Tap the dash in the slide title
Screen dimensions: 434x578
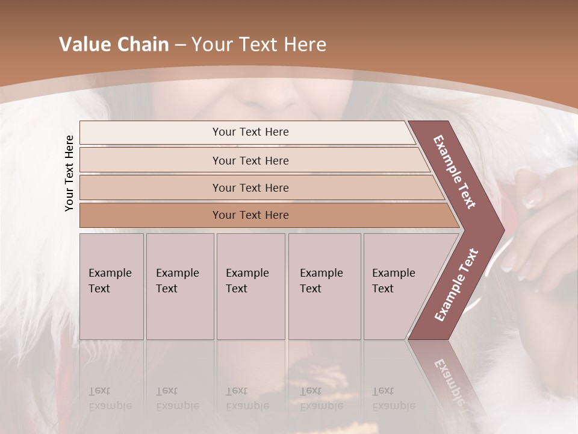pos(179,45)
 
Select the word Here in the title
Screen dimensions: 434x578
pos(305,45)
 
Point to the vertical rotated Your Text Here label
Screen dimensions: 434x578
pos(69,173)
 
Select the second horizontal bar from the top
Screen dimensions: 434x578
pos(250,160)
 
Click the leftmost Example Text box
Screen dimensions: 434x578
pos(111,286)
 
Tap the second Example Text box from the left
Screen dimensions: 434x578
pos(179,286)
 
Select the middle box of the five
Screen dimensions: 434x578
pos(250,286)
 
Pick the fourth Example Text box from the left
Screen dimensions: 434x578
pos(325,286)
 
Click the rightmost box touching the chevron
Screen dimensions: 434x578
pos(397,286)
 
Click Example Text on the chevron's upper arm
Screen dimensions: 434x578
pos(455,172)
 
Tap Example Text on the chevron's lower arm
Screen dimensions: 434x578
pos(456,285)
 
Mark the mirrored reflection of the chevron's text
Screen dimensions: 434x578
pos(450,386)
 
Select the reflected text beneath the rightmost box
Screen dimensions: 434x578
pos(393,398)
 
